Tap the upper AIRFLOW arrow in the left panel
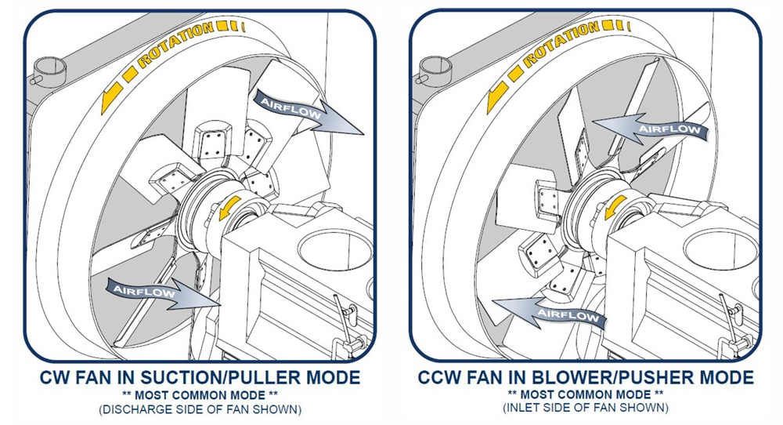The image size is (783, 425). coord(309,111)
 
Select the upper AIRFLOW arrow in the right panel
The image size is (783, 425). coord(650,129)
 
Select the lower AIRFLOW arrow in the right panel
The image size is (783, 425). coord(550,313)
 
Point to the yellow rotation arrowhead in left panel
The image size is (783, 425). coord(111,97)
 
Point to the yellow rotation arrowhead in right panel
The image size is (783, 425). coord(497,97)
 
